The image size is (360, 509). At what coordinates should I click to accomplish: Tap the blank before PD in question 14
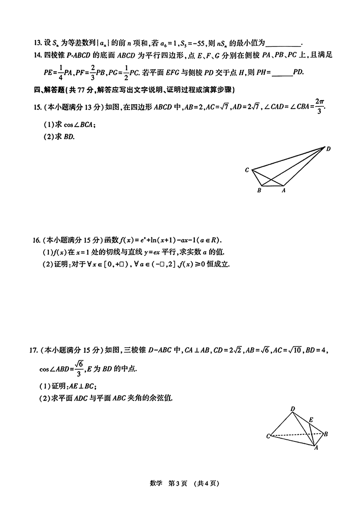coord(282,72)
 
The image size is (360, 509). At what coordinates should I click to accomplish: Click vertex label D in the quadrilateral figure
coord(328,149)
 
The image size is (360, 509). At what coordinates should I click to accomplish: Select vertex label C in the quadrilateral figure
coord(247,170)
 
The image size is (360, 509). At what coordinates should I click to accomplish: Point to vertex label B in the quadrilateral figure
coord(259,191)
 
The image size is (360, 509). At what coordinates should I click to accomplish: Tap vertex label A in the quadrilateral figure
coord(284,191)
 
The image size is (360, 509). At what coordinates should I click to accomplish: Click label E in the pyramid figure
coord(311,420)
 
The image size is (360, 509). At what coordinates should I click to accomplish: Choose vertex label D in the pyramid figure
coord(293,409)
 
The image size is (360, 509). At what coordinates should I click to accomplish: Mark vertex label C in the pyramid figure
coord(268,436)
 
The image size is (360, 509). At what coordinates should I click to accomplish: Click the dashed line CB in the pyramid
coord(296,434)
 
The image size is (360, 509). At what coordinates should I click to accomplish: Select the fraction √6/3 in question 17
coord(79,368)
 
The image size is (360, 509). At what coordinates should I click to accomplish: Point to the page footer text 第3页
coord(177,483)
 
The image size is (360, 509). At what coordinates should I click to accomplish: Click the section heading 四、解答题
coord(50,89)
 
